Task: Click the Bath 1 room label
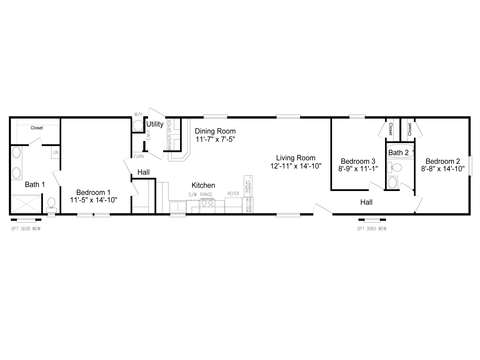[x=34, y=185]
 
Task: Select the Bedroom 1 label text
[x=93, y=191]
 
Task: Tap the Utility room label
[x=155, y=124]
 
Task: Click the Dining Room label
[x=216, y=131]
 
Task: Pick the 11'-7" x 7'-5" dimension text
[x=215, y=140]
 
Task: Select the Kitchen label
[x=204, y=185]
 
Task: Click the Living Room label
[x=296, y=157]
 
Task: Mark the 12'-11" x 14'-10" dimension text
[x=296, y=166]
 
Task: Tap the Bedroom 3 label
[x=357, y=161]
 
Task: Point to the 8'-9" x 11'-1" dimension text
[x=357, y=170]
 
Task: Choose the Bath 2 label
[x=398, y=152]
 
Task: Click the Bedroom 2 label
[x=442, y=161]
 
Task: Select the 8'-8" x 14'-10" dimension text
[x=442, y=170]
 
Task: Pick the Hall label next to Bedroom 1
[x=144, y=172]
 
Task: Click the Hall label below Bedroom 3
[x=367, y=201]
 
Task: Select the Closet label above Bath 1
[x=36, y=128]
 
